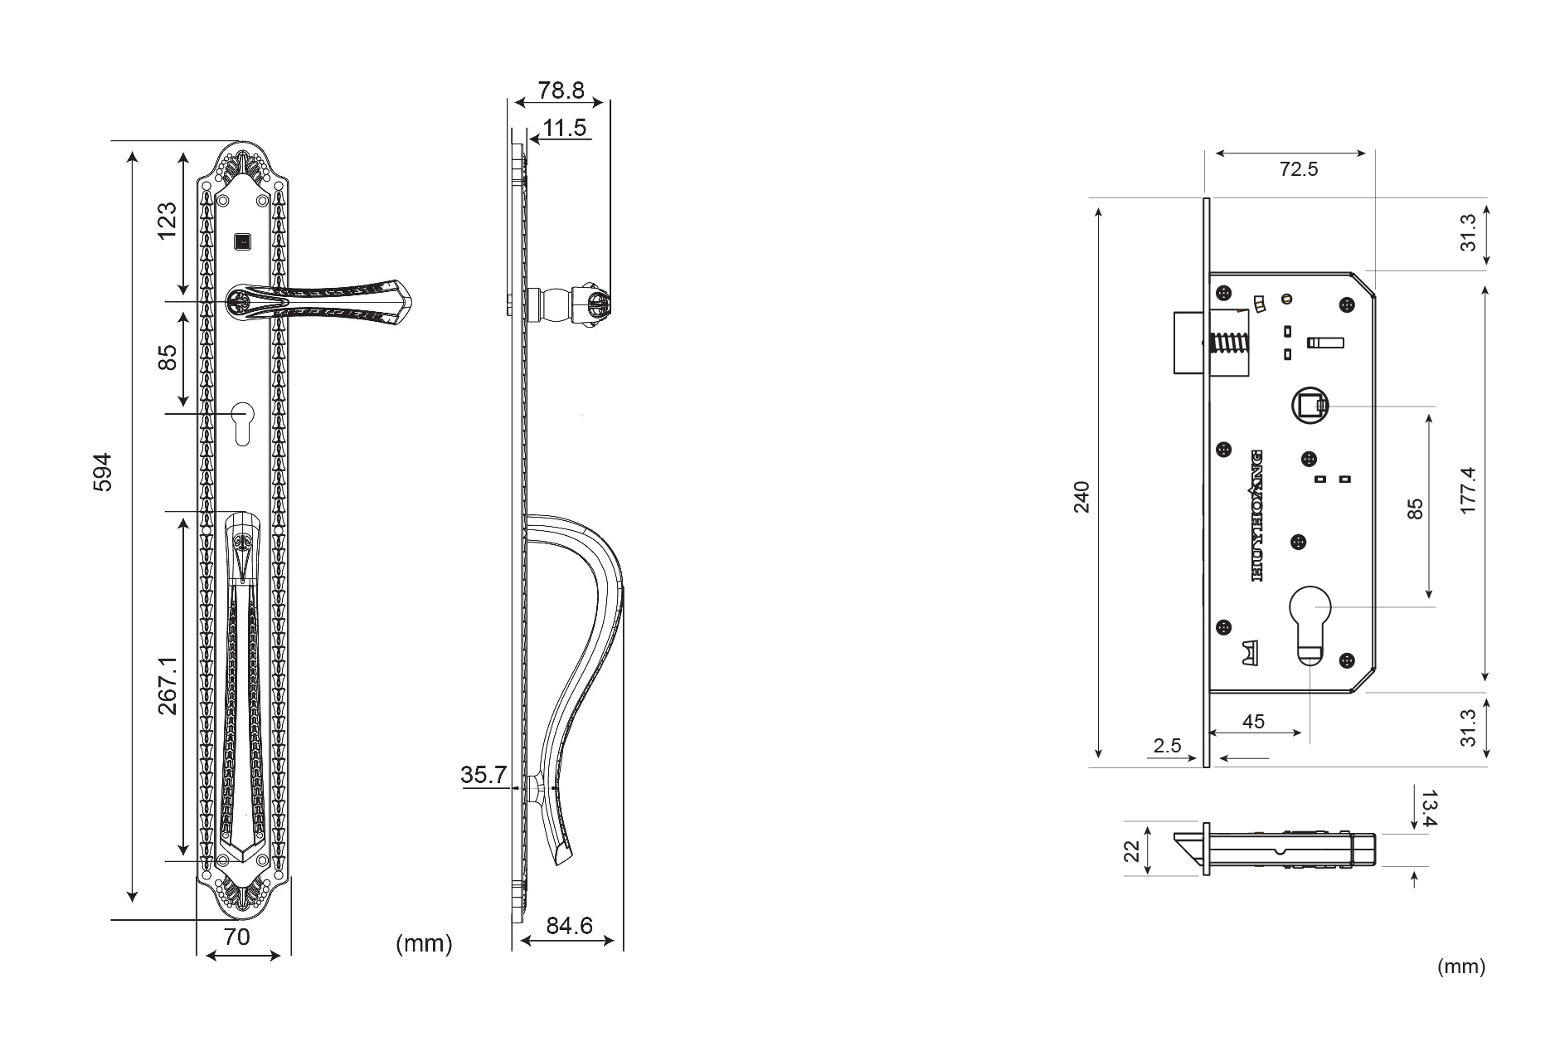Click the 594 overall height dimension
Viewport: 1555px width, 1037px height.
pyautogui.click(x=101, y=472)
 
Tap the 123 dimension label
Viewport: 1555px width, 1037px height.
pyautogui.click(x=168, y=220)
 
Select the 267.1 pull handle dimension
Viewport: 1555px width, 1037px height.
pyautogui.click(x=168, y=685)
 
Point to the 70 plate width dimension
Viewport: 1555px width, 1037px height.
pyautogui.click(x=237, y=937)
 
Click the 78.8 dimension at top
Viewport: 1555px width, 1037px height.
pyautogui.click(x=561, y=90)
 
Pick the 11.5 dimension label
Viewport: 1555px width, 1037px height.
pyautogui.click(x=565, y=128)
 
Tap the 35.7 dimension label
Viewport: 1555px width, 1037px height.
pyautogui.click(x=484, y=775)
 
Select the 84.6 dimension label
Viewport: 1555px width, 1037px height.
pyautogui.click(x=570, y=925)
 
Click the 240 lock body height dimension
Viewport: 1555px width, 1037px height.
pyautogui.click(x=1082, y=496)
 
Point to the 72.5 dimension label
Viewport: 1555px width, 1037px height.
pyautogui.click(x=1299, y=169)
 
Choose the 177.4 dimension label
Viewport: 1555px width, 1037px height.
pyautogui.click(x=1468, y=490)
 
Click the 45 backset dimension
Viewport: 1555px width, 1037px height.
pyautogui.click(x=1253, y=722)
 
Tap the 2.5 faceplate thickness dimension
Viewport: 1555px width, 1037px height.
pyautogui.click(x=1167, y=746)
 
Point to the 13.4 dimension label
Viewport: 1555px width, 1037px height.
pyautogui.click(x=1428, y=809)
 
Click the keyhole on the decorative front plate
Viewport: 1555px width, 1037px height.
pyautogui.click(x=242, y=423)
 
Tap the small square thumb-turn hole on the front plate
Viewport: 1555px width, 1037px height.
pyautogui.click(x=242, y=242)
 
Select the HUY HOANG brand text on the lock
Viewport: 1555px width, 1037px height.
pyautogui.click(x=1256, y=515)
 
